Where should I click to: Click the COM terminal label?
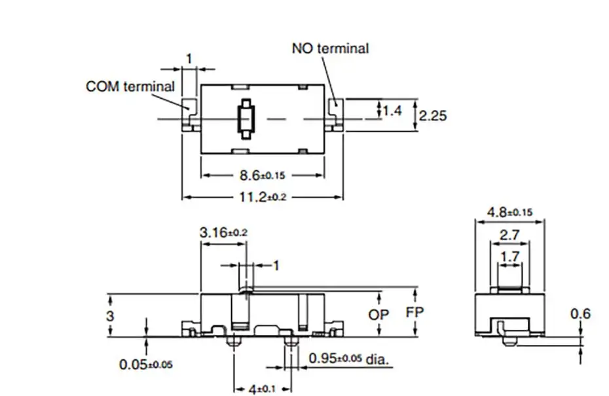pyautogui.click(x=130, y=86)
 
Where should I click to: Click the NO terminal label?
pyautogui.click(x=330, y=48)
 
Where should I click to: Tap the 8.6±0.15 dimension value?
pyautogui.click(x=262, y=175)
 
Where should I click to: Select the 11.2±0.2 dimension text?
pyautogui.click(x=263, y=197)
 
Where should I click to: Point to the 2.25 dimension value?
pyautogui.click(x=433, y=115)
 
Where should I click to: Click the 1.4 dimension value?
pyautogui.click(x=392, y=111)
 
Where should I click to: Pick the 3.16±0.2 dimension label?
pyautogui.click(x=223, y=232)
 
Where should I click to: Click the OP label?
pyautogui.click(x=378, y=314)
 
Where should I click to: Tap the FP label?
pyautogui.click(x=415, y=312)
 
